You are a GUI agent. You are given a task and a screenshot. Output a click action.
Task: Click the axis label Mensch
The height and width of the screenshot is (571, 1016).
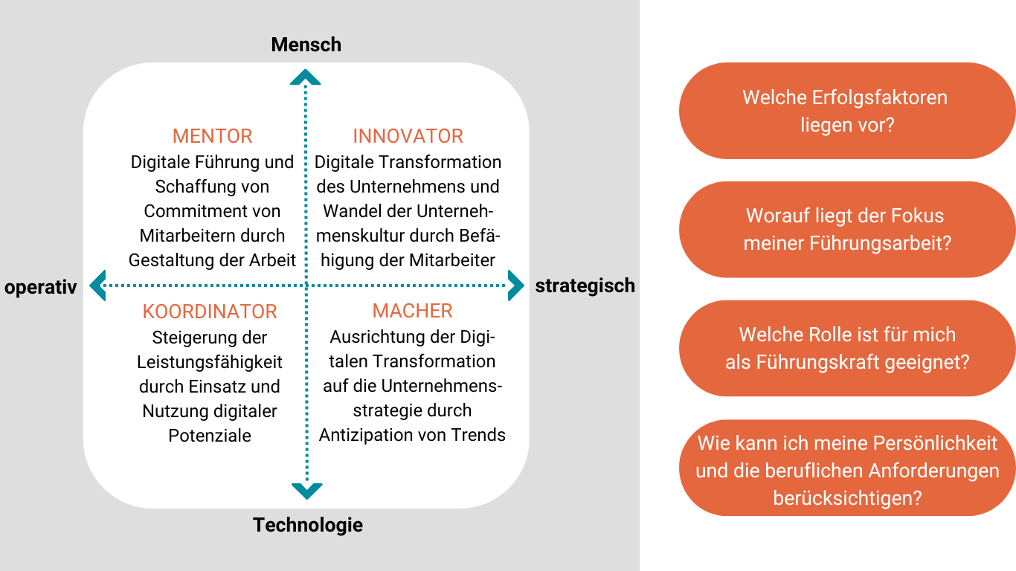(306, 45)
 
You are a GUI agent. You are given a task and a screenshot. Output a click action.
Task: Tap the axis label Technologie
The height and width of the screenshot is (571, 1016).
(308, 525)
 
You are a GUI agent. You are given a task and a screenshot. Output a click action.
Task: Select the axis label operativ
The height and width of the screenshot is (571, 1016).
(41, 287)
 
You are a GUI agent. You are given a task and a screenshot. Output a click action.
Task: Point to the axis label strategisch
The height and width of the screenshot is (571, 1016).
(585, 285)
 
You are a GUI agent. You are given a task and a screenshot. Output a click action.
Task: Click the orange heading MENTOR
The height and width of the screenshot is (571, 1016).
(212, 136)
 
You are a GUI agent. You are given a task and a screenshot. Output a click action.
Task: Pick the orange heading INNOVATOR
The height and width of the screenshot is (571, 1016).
(408, 136)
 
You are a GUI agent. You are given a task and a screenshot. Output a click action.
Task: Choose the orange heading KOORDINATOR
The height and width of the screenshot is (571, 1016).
(210, 312)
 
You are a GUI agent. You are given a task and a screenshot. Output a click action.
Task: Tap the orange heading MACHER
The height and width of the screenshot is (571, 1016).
(412, 311)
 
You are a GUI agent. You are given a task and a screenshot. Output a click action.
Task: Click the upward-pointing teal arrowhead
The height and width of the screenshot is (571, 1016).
(305, 77)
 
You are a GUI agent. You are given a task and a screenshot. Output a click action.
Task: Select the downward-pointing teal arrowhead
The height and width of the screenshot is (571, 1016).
(306, 491)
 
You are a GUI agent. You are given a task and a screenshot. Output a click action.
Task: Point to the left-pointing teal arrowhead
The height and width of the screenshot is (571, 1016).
(98, 285)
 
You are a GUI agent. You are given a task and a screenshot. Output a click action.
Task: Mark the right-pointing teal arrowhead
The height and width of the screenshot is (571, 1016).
(516, 285)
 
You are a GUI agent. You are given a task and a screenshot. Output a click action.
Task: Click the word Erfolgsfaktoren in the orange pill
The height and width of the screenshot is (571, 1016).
(879, 97)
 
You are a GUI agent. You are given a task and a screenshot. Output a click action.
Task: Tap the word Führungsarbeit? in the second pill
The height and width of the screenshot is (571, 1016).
(881, 243)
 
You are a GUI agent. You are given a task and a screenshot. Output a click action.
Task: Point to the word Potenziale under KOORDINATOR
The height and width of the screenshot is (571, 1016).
(210, 436)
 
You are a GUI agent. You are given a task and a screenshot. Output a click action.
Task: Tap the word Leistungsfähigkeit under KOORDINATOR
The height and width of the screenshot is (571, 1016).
(210, 362)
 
